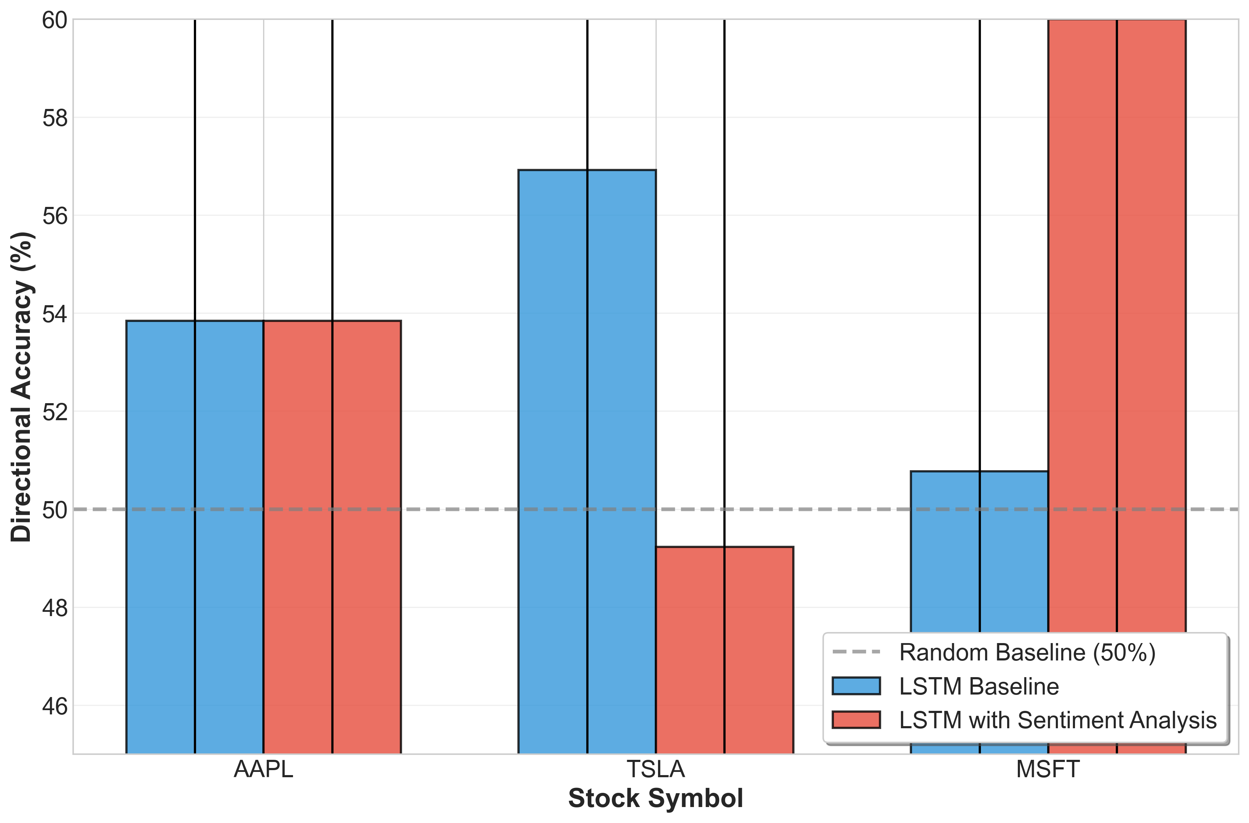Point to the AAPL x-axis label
[263, 769]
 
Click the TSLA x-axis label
[656, 769]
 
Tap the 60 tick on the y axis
[55, 21]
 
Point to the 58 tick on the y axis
[55, 118]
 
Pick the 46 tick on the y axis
[55, 706]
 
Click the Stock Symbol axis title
[656, 798]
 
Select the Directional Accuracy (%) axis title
[22, 387]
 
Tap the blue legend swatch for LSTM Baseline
[856, 686]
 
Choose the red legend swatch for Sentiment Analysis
[856, 720]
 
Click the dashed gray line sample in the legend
[856, 652]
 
